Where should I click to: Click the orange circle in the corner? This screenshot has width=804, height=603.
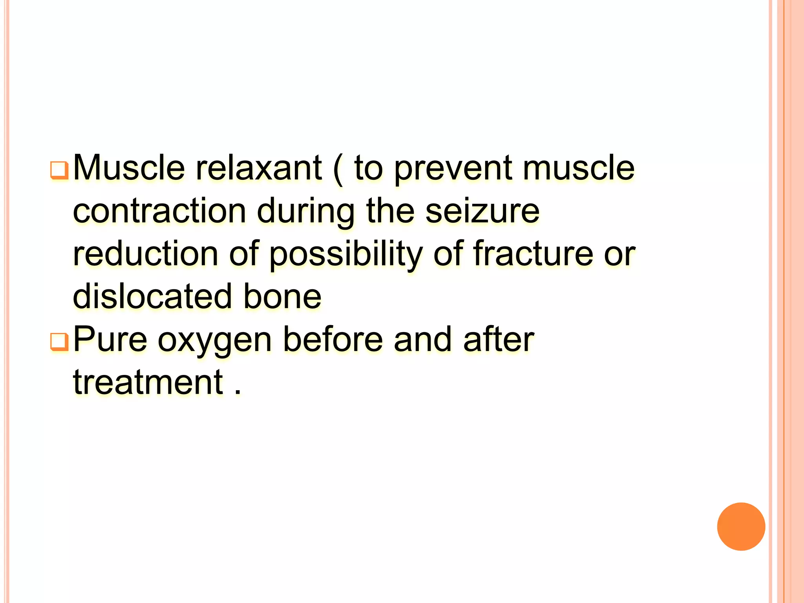[x=741, y=526]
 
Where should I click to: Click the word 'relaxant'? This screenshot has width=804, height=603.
[x=259, y=168]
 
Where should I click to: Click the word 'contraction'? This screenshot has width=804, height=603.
[x=159, y=211]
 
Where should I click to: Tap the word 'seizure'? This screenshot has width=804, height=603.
[x=482, y=211]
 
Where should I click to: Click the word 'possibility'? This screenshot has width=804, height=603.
[x=345, y=254]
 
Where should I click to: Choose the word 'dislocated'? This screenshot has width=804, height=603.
[x=153, y=296]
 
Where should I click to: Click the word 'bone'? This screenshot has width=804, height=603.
[x=282, y=296]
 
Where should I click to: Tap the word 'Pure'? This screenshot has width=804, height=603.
[x=110, y=339]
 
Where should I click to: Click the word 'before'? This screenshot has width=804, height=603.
[x=333, y=339]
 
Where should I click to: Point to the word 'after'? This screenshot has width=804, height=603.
[x=499, y=339]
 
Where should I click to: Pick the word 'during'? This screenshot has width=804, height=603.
[x=306, y=212]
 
